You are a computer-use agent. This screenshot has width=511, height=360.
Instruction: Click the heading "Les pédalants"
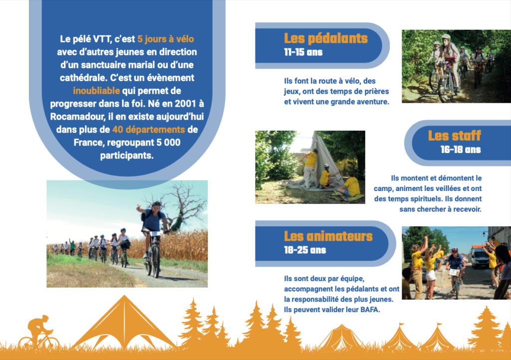[x=325, y=38]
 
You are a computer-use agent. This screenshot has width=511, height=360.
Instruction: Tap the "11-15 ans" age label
[x=303, y=52]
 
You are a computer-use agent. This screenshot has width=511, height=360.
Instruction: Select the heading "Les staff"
[x=454, y=136]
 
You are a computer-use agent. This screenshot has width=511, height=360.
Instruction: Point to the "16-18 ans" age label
[x=461, y=150]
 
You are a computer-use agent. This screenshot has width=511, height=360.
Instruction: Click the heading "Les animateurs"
[x=328, y=236]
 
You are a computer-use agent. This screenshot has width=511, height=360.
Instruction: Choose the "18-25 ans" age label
[x=305, y=250]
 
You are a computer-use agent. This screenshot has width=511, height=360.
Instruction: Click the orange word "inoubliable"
[x=96, y=91]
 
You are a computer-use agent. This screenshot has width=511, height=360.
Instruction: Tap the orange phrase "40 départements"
[x=149, y=130]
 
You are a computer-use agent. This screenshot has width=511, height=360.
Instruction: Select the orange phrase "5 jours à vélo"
[x=166, y=39]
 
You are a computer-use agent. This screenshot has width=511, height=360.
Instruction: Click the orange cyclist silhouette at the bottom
[x=39, y=333]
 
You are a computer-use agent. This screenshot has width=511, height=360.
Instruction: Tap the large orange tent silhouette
[x=124, y=322]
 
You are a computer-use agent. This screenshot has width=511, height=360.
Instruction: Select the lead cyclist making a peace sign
[x=153, y=238]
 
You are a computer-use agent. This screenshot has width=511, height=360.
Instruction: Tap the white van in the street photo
[x=479, y=257]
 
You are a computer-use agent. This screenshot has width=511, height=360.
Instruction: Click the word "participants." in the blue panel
[x=127, y=156]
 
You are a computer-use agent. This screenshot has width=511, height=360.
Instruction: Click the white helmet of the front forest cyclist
[x=446, y=37]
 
